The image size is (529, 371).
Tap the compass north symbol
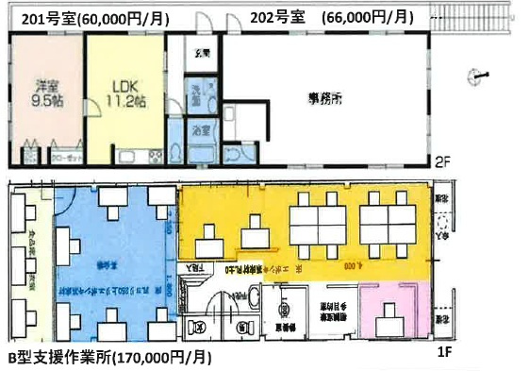pyautogui.click(x=480, y=76)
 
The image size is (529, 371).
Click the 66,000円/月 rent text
pyautogui.click(x=367, y=17)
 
